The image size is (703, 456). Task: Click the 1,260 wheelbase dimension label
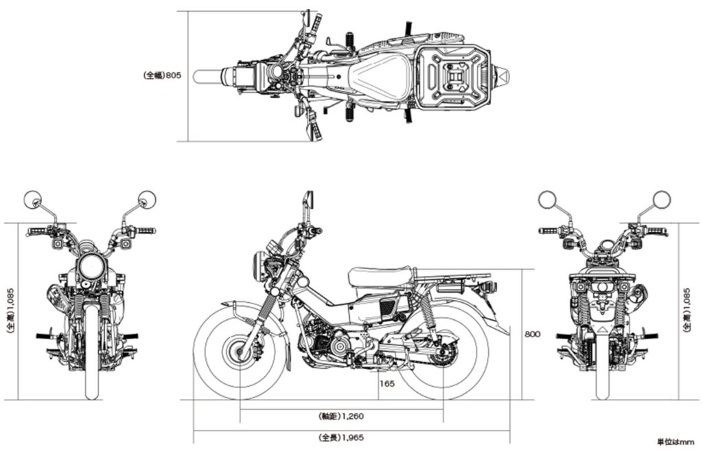(341, 416)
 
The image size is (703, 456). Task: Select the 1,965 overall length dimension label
(341, 437)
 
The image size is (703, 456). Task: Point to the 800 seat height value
(532, 334)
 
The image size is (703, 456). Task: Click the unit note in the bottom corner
(676, 442)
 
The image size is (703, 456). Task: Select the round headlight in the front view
(89, 266)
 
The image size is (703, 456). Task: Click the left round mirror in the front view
(33, 200)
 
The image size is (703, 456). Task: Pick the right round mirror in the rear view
(660, 200)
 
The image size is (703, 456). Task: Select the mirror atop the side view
(308, 200)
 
